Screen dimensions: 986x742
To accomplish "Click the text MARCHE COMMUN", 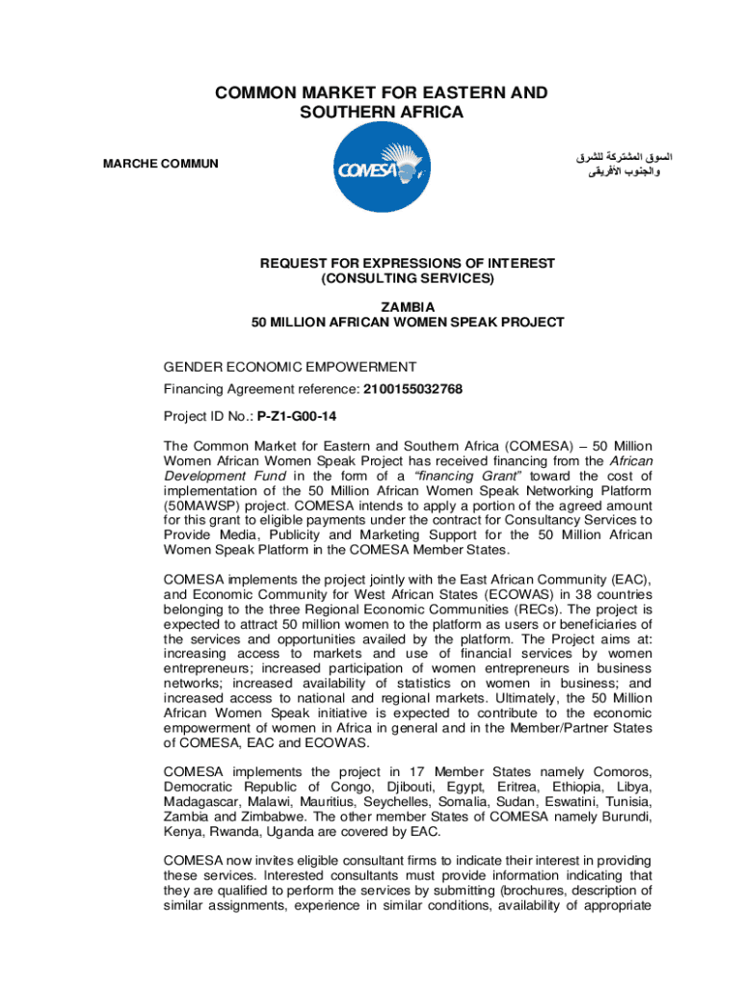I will tap(161, 164).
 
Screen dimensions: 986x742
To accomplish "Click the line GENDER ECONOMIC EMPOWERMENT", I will tap(290, 367).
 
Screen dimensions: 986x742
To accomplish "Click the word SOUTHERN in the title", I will tap(354, 113).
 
